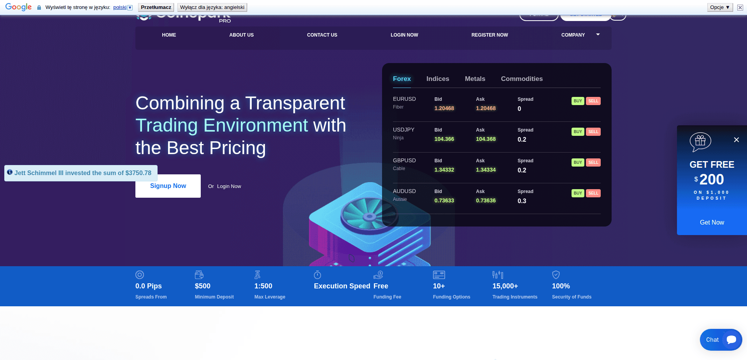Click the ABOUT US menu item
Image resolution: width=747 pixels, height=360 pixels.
click(x=241, y=35)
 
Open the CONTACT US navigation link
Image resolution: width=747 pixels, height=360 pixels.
click(x=322, y=35)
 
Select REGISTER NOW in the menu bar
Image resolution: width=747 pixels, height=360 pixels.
click(x=489, y=35)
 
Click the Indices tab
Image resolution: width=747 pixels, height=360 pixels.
click(x=438, y=79)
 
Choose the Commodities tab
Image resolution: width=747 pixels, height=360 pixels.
click(x=522, y=79)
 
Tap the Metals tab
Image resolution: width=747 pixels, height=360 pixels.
click(x=475, y=79)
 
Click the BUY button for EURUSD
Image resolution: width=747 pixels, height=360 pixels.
click(x=578, y=101)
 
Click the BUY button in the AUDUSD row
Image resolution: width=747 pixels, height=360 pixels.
click(x=578, y=193)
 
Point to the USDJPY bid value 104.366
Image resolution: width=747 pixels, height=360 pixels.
click(x=444, y=139)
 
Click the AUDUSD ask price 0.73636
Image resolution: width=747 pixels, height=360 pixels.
click(x=486, y=201)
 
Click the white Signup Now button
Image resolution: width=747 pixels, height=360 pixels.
click(x=168, y=186)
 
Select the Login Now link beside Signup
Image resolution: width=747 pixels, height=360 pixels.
click(x=229, y=186)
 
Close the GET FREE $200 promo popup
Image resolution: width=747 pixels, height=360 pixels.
click(x=736, y=140)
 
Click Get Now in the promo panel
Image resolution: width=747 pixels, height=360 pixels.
click(x=712, y=223)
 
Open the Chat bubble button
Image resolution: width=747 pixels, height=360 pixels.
click(x=721, y=340)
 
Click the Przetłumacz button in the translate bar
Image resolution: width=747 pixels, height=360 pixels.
click(x=156, y=7)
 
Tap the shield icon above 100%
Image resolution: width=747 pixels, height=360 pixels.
click(x=556, y=275)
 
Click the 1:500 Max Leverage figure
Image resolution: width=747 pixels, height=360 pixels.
click(x=263, y=286)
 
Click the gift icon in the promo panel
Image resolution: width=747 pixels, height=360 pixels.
click(x=700, y=141)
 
